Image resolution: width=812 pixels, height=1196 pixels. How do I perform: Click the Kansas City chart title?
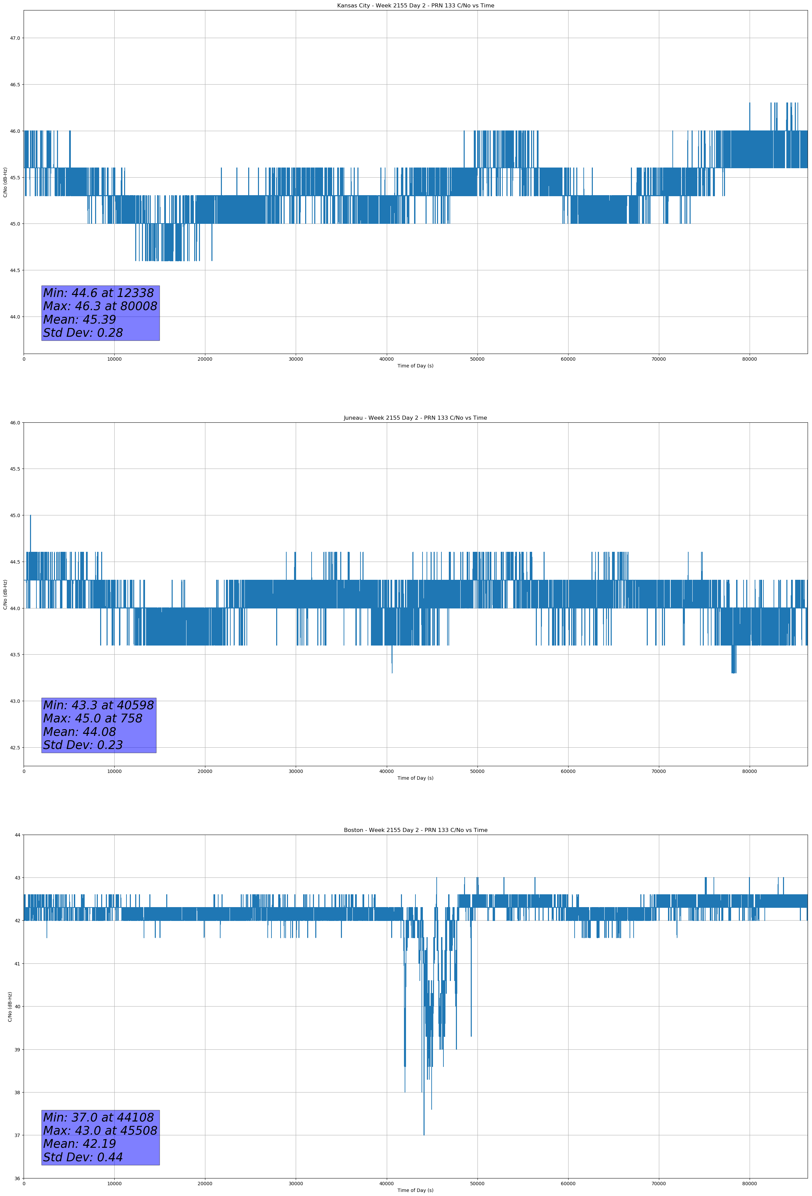415,6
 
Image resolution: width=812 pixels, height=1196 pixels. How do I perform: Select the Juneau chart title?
415,418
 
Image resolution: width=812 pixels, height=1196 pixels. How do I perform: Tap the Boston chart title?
415,830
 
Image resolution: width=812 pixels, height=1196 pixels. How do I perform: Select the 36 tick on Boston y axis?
18,1178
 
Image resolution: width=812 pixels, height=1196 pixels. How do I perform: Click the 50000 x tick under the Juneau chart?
477,771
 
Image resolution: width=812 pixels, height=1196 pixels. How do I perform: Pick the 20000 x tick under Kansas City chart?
205,359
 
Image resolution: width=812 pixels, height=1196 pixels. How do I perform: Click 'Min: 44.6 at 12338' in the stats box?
98,293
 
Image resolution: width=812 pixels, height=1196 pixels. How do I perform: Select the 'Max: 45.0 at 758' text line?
93,718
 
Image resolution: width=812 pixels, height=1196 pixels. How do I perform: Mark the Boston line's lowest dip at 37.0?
424,1134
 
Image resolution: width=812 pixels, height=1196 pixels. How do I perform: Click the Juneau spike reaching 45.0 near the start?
30,516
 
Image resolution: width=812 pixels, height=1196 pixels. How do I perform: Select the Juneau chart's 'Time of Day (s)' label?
415,778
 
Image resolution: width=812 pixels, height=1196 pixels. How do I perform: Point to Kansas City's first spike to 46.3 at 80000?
750,104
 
